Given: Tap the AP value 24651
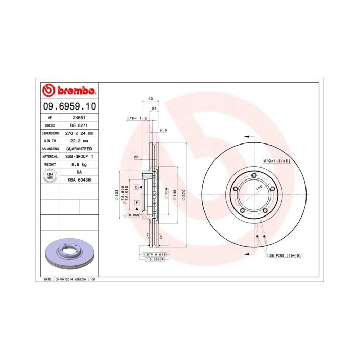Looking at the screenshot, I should (x=79, y=117).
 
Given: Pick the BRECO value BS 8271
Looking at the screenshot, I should (x=79, y=125).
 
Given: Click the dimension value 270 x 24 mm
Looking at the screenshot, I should (x=79, y=133).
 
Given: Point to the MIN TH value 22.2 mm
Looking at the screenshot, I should (x=79, y=140).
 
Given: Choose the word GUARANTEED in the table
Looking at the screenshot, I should (x=79, y=148).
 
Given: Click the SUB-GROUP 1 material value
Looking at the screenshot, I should (x=79, y=156).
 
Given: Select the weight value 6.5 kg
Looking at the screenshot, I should (x=79, y=164).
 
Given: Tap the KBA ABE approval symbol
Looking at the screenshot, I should (x=50, y=175).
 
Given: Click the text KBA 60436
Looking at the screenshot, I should (x=79, y=179).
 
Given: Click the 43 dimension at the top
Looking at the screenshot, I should (x=150, y=98).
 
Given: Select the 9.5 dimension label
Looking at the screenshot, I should (x=164, y=130).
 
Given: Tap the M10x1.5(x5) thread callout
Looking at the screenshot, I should (x=277, y=161).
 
